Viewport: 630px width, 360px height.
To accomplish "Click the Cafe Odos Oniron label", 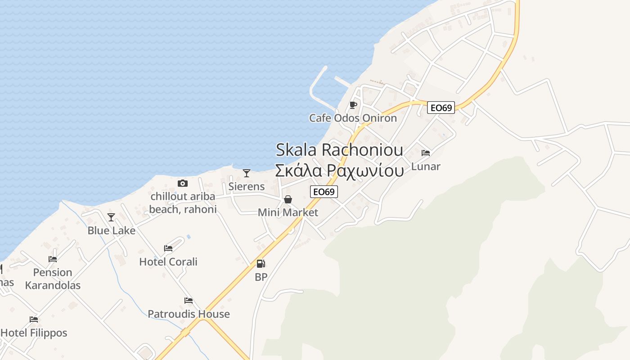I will point(353,118).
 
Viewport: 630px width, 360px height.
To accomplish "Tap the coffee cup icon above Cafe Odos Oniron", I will point(353,105).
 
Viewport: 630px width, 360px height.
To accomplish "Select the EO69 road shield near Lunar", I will point(441,108).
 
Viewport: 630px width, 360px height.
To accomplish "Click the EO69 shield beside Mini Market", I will point(324,192).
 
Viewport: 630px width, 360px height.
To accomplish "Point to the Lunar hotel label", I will point(426,166).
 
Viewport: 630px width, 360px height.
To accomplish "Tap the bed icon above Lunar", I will point(426,153).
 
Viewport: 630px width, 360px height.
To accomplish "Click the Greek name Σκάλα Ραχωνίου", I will point(339,171).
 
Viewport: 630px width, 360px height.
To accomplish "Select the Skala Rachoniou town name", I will point(339,149).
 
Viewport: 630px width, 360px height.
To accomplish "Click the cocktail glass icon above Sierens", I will point(246,173).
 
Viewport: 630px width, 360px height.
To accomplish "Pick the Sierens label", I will point(246,186).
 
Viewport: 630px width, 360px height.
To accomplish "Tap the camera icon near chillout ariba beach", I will point(182,183).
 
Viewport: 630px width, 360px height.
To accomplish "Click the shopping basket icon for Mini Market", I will point(288,199).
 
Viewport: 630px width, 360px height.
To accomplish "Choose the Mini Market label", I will point(288,212).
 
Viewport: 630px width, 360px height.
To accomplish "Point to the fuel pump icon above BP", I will point(261,264).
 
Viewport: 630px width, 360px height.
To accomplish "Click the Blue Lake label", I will point(111,230).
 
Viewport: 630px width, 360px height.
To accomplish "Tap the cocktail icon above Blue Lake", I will point(111,218).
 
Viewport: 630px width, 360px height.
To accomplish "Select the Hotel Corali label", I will point(168,261).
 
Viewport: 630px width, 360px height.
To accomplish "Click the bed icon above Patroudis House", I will point(189,301).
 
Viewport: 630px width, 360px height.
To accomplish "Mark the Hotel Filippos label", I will point(34,333).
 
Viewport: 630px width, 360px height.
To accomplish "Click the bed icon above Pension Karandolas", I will point(53,259).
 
